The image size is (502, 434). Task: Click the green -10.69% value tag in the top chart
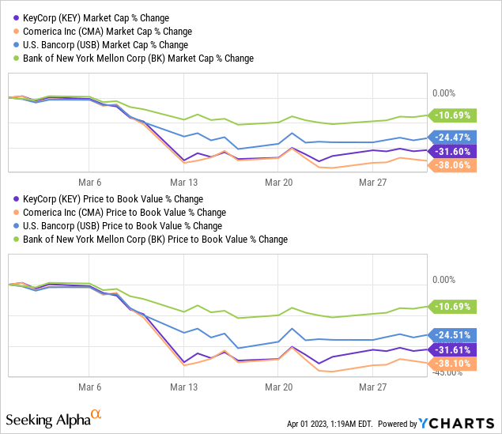[x=453, y=115]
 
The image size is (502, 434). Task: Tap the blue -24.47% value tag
[x=453, y=136]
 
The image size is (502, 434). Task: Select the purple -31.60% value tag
[x=453, y=151]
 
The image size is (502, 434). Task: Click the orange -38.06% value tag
[x=453, y=165]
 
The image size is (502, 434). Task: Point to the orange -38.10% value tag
[x=453, y=363]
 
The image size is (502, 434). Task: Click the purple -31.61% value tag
[x=453, y=349]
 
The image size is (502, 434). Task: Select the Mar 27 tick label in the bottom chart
[x=372, y=387]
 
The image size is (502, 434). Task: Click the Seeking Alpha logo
[x=53, y=417]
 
